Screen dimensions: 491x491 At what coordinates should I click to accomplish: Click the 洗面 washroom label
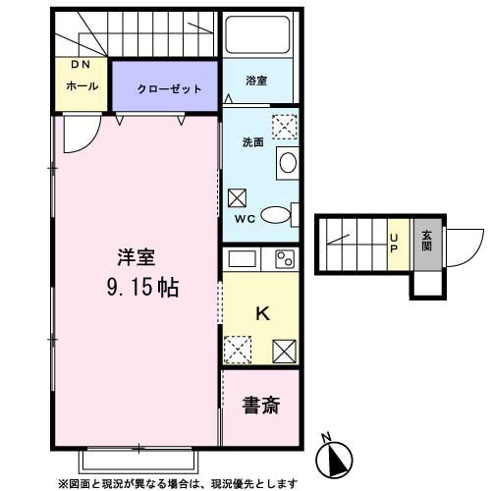point(253,142)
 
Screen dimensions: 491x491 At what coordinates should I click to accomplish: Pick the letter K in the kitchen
point(262,314)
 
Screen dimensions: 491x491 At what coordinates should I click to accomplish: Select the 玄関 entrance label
point(426,242)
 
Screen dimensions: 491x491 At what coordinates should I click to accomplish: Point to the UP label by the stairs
point(395,242)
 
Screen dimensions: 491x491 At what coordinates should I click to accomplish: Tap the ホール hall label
point(81,86)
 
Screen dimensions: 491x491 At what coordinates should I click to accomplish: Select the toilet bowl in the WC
point(278,217)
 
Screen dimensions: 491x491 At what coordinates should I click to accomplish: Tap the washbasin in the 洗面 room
point(287,164)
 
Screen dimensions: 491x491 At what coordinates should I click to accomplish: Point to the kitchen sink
point(242,260)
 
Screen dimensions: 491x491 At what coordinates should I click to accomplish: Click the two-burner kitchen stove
point(284,260)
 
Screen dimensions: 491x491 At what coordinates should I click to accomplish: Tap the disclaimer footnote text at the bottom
point(177,483)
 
